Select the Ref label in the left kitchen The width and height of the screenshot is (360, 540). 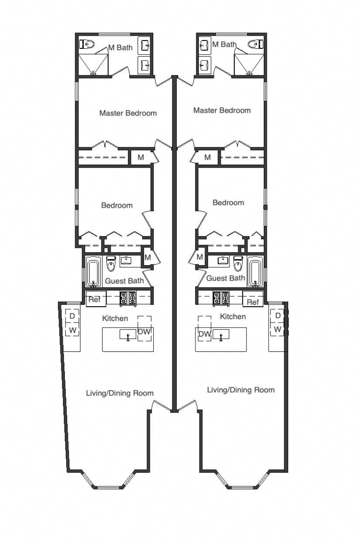[x=94, y=300]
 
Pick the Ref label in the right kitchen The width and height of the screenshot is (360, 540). [x=252, y=302]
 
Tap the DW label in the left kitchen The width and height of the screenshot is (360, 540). [x=144, y=332]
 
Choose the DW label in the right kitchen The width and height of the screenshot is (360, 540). [x=205, y=334]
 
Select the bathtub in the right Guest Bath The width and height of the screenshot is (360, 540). [x=256, y=271]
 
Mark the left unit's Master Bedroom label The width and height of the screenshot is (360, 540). [x=128, y=113]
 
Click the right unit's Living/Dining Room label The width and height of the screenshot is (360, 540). [x=241, y=390]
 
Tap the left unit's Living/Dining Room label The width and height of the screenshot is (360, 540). [x=120, y=393]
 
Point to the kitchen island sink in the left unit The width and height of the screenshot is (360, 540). [x=128, y=335]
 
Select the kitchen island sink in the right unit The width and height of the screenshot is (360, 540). [x=221, y=335]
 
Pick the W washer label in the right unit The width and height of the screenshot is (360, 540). [x=278, y=329]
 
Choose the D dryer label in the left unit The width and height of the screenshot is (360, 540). [x=72, y=315]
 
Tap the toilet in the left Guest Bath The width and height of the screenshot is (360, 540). [x=111, y=264]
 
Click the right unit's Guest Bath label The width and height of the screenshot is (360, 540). [x=225, y=278]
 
